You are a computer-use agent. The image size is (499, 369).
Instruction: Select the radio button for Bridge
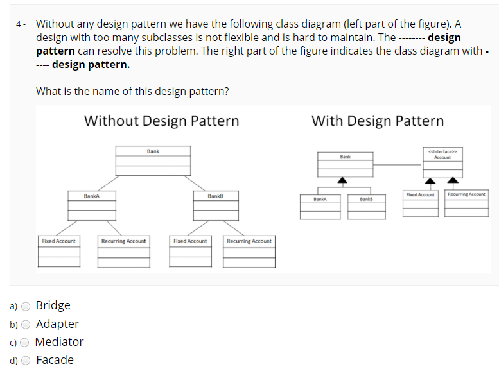26,306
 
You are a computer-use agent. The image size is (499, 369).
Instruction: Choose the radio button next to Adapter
26,324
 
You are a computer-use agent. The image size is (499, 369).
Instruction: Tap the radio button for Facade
26,360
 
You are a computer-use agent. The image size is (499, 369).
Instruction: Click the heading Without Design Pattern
161,121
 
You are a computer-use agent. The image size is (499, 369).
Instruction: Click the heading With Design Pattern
377,121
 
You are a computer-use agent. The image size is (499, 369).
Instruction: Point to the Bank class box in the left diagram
153,160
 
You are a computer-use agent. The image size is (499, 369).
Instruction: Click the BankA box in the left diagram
92,205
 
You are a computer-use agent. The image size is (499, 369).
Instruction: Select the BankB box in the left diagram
215,205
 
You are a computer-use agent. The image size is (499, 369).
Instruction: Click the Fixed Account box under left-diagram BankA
59,251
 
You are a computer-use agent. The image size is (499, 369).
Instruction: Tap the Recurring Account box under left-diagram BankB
249,251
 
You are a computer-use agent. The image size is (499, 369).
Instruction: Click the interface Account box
442,163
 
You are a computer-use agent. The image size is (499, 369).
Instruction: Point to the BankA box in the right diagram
320,206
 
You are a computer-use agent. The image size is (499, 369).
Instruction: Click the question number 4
19,24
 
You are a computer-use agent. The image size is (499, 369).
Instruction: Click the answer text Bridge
53,305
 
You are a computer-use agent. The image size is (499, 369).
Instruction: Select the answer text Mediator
60,342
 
